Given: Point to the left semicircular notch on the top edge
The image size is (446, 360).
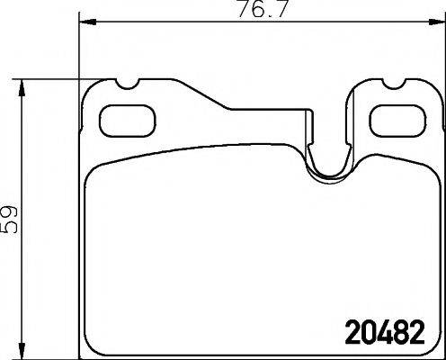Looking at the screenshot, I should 127,87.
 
